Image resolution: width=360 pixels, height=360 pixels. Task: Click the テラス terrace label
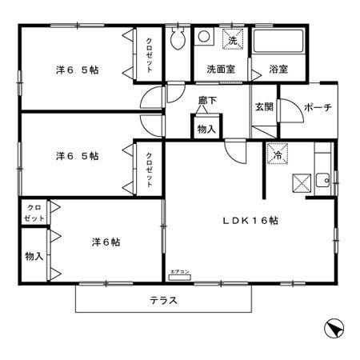pyautogui.click(x=162, y=301)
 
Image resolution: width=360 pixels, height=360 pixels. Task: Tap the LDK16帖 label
pyautogui.click(x=250, y=219)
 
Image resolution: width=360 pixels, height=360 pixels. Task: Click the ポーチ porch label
pyautogui.click(x=318, y=107)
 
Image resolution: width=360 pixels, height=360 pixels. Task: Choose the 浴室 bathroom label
pyautogui.click(x=278, y=70)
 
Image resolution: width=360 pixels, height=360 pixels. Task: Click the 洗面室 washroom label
pyautogui.click(x=220, y=70)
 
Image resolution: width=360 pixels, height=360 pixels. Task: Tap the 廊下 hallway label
pyautogui.click(x=208, y=101)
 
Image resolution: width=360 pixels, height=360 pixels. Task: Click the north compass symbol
pyautogui.click(x=334, y=327)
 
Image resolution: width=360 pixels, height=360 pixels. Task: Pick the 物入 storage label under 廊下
pyautogui.click(x=206, y=128)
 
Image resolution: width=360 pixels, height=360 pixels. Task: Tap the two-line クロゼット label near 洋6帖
pyautogui.click(x=34, y=212)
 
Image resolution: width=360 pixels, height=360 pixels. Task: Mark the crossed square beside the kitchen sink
pyautogui.click(x=302, y=182)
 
